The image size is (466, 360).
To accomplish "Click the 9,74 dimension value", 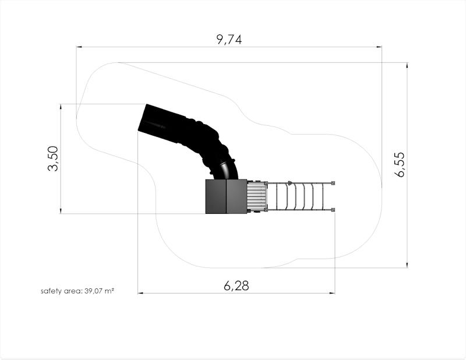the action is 229,39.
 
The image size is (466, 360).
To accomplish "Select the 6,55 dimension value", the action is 400,165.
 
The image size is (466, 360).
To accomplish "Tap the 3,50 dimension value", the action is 53,158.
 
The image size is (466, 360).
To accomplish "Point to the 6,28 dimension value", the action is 236,285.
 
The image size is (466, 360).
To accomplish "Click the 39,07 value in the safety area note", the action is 94,291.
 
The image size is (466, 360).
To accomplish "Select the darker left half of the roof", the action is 216,196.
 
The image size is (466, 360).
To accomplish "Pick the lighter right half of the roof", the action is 236,196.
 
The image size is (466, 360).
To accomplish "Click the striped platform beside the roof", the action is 256,197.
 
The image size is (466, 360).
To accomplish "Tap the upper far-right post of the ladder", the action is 333,183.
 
